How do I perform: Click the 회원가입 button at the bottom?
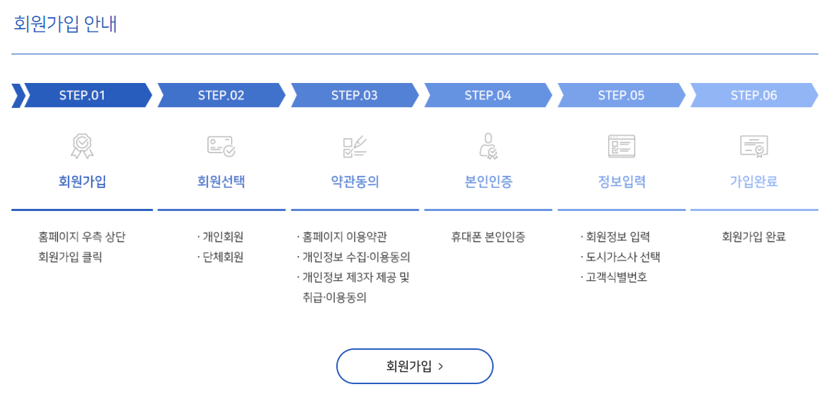[415, 366]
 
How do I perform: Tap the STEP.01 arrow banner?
[82, 95]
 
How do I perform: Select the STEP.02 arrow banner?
[221, 95]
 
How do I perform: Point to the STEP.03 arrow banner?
[354, 95]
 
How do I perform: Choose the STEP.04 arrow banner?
[488, 95]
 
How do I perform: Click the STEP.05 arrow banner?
[621, 95]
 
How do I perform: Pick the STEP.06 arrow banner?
[753, 95]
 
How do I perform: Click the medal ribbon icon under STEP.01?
[82, 146]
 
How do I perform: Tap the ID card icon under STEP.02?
[221, 146]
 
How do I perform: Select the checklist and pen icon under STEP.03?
[354, 146]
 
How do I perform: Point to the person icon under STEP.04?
[488, 146]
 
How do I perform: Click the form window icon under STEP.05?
[621, 146]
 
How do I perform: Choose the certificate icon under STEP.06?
[753, 146]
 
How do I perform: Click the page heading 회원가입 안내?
[65, 24]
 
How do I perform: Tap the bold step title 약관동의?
[355, 182]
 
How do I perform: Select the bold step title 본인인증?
[488, 182]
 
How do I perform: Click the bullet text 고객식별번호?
[616, 277]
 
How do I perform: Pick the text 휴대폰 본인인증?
[488, 237]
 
